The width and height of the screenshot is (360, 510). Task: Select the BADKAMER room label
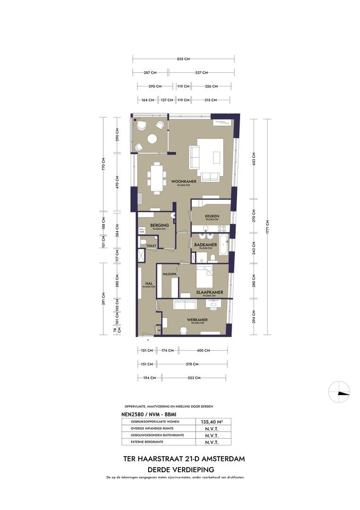coord(205,245)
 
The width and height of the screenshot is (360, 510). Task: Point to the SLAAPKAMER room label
coord(209,292)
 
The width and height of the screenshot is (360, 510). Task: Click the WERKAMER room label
coord(197,319)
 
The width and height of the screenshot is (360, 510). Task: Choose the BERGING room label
coord(159,225)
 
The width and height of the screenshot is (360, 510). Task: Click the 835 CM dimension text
coord(183,59)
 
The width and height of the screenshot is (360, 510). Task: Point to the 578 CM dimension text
coord(191,364)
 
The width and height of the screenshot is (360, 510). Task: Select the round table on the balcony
coord(152,138)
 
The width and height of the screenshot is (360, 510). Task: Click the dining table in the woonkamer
coord(156,178)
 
